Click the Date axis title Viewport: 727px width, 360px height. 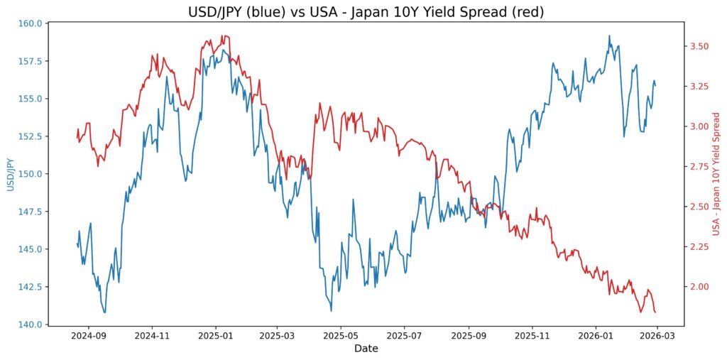(x=366, y=349)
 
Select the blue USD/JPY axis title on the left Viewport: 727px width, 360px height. (x=11, y=174)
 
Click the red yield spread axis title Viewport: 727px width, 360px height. (x=716, y=174)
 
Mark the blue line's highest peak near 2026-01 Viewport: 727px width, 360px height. (x=608, y=36)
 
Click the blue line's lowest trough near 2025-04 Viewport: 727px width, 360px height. (x=331, y=310)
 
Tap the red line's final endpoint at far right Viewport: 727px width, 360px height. (x=655, y=312)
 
